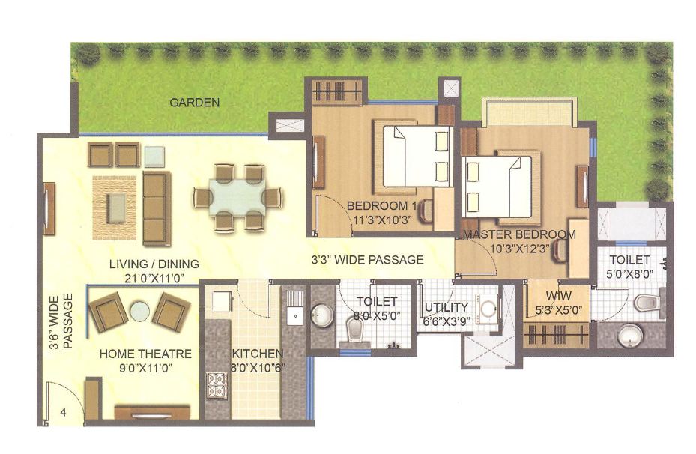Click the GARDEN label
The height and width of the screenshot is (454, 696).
point(194,103)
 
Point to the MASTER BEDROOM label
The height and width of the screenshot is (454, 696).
point(519,234)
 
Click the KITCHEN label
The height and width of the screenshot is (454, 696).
point(257,354)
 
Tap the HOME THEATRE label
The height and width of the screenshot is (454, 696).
point(145,354)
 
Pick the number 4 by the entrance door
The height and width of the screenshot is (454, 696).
point(63,411)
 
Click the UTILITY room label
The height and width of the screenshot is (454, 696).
point(447,307)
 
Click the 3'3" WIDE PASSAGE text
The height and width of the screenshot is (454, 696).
point(367,260)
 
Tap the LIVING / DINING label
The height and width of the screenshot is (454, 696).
point(154,264)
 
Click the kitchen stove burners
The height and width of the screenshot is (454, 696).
point(217,384)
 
